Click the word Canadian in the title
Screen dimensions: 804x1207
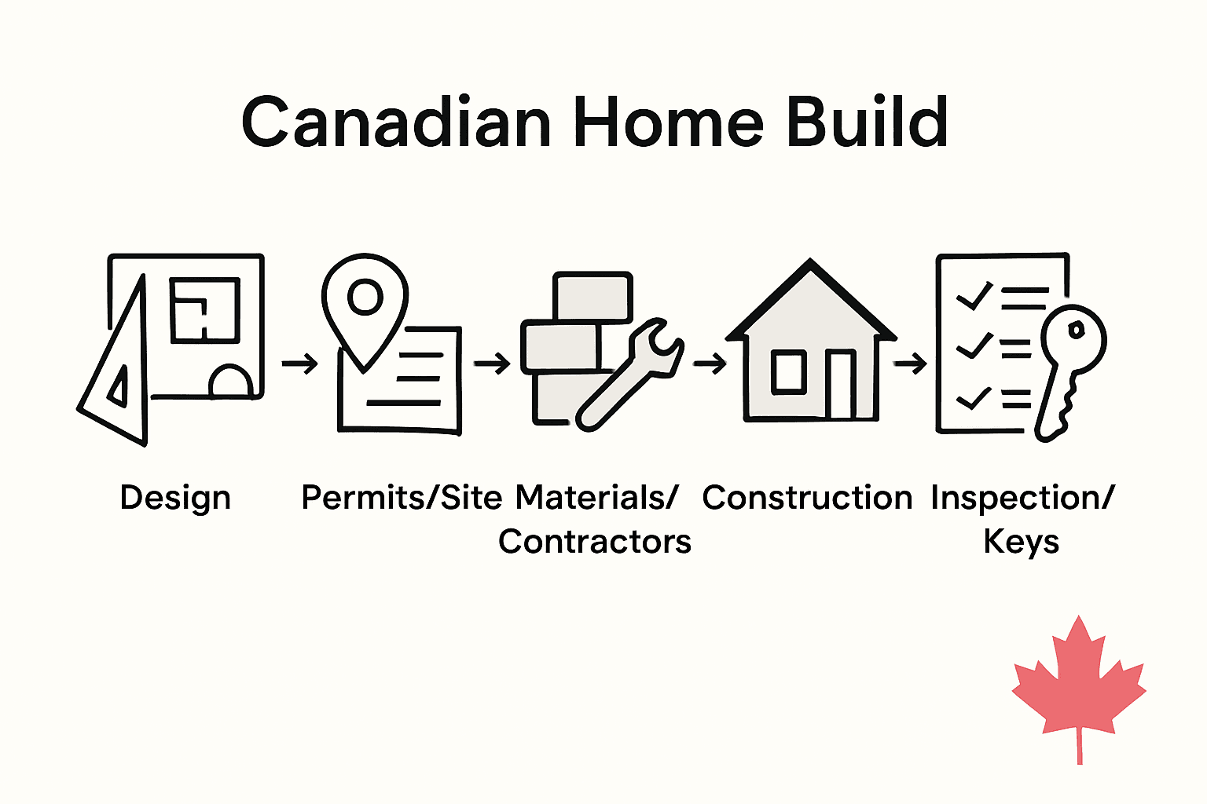pos(397,122)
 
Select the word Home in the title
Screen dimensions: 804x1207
pos(668,122)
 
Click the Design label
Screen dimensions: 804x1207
pos(175,498)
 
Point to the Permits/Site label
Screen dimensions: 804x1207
pos(402,498)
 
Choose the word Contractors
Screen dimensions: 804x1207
pos(595,542)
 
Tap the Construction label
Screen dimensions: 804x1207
pos(807,498)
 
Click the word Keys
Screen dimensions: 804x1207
pos(1021,542)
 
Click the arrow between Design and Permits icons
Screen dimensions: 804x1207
pos(299,364)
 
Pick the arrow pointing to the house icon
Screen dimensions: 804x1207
pos(710,364)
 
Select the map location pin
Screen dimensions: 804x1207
pos(365,302)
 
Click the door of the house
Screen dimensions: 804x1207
pos(841,385)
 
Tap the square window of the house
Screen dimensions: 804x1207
pos(788,372)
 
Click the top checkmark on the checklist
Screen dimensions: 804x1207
pos(973,296)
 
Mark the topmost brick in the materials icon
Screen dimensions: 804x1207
pos(592,296)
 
